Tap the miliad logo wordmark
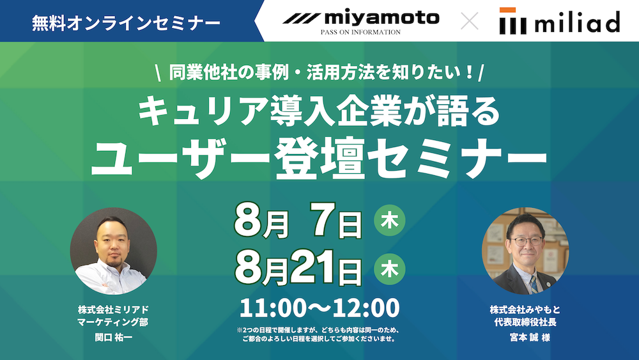(578, 22)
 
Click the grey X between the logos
(470, 21)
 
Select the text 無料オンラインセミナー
(126, 23)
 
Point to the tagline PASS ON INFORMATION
(360, 32)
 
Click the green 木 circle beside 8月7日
(390, 221)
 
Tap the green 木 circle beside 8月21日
(390, 269)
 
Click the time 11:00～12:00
(319, 308)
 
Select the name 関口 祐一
(114, 338)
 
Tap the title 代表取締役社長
(525, 322)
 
